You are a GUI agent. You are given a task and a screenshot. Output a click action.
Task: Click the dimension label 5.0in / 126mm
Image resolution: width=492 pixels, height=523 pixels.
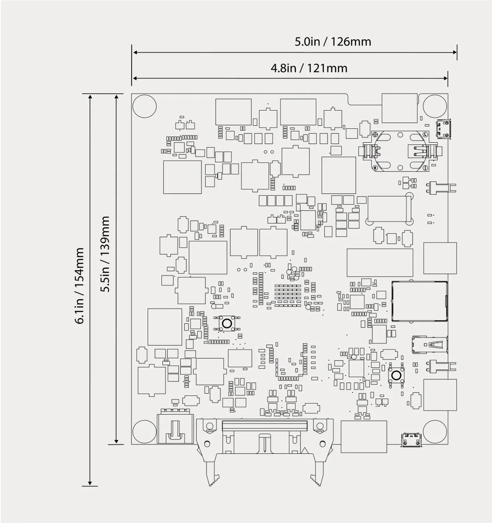[x=333, y=41]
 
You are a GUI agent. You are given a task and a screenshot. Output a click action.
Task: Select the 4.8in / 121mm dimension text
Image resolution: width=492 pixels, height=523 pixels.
[x=309, y=68]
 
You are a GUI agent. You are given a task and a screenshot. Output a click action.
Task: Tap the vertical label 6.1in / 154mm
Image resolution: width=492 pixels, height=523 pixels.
[x=80, y=286]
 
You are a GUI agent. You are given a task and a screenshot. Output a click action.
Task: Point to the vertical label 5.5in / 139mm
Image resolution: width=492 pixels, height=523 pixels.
[x=105, y=254]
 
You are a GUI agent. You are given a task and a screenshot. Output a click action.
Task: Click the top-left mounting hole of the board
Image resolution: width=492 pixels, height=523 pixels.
[x=145, y=107]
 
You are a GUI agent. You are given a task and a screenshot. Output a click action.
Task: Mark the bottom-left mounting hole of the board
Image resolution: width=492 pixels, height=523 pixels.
[x=145, y=432]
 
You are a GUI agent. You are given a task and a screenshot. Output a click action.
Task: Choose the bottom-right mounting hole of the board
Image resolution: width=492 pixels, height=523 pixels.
[x=434, y=432]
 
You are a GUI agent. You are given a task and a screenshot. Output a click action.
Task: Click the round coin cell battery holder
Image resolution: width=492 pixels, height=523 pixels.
[x=400, y=151]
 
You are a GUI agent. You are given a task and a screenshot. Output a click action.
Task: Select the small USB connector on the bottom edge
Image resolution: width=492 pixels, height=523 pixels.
[x=411, y=440]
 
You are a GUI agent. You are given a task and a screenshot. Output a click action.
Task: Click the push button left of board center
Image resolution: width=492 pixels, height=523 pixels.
[x=227, y=323]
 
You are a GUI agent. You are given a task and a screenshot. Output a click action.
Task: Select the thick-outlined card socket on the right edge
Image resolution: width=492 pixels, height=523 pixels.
[x=419, y=301]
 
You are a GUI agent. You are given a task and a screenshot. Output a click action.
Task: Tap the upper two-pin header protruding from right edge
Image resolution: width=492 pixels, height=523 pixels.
[x=442, y=188]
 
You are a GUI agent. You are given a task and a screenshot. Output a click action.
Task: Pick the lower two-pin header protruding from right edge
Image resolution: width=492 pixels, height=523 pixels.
[x=442, y=366]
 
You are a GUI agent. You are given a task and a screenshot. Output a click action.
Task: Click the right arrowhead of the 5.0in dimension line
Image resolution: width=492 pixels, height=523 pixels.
[x=455, y=53]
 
